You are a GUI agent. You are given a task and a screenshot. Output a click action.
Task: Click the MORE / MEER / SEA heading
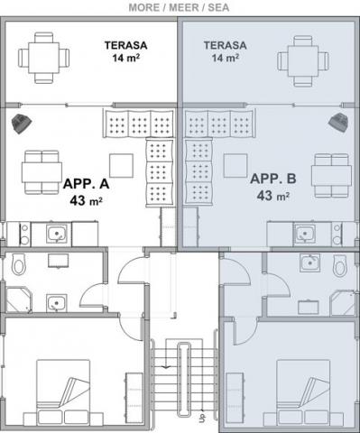pos(179,7)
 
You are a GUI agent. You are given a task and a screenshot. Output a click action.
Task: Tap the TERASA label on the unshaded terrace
pos(125,45)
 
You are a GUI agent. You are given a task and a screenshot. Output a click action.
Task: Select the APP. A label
pos(86,184)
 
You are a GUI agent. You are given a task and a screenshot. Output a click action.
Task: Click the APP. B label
pos(273,179)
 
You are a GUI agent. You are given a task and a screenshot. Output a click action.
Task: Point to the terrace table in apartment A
pos(43,58)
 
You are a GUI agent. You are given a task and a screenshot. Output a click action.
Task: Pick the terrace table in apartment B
pos(303,61)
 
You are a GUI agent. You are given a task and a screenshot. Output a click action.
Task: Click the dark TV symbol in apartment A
pos(22,124)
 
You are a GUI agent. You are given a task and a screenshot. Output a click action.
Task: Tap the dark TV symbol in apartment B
pos(338,122)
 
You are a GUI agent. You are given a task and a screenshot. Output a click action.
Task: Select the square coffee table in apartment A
pos(121,165)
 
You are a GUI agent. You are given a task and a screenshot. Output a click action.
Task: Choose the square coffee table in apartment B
pos(235,165)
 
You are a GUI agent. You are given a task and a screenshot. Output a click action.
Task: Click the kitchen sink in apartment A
pos(57,234)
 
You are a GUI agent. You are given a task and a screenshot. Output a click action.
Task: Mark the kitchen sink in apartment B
pos(305,234)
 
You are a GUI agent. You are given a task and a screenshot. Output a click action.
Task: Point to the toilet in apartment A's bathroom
pos(19,264)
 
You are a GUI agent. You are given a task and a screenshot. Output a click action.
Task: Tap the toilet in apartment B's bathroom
pos(340,265)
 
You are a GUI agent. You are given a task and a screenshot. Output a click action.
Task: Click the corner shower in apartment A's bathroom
pos(19,300)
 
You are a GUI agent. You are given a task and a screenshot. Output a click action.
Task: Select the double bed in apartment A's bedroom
pos(63,392)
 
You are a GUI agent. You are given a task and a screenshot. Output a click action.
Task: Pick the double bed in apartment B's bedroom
pos(303,392)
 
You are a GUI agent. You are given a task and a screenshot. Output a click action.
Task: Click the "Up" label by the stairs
pos(203,418)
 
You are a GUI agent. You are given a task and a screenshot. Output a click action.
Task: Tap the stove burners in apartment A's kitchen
pos(24,234)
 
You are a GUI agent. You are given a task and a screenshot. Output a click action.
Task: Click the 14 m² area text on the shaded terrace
pos(226,58)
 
